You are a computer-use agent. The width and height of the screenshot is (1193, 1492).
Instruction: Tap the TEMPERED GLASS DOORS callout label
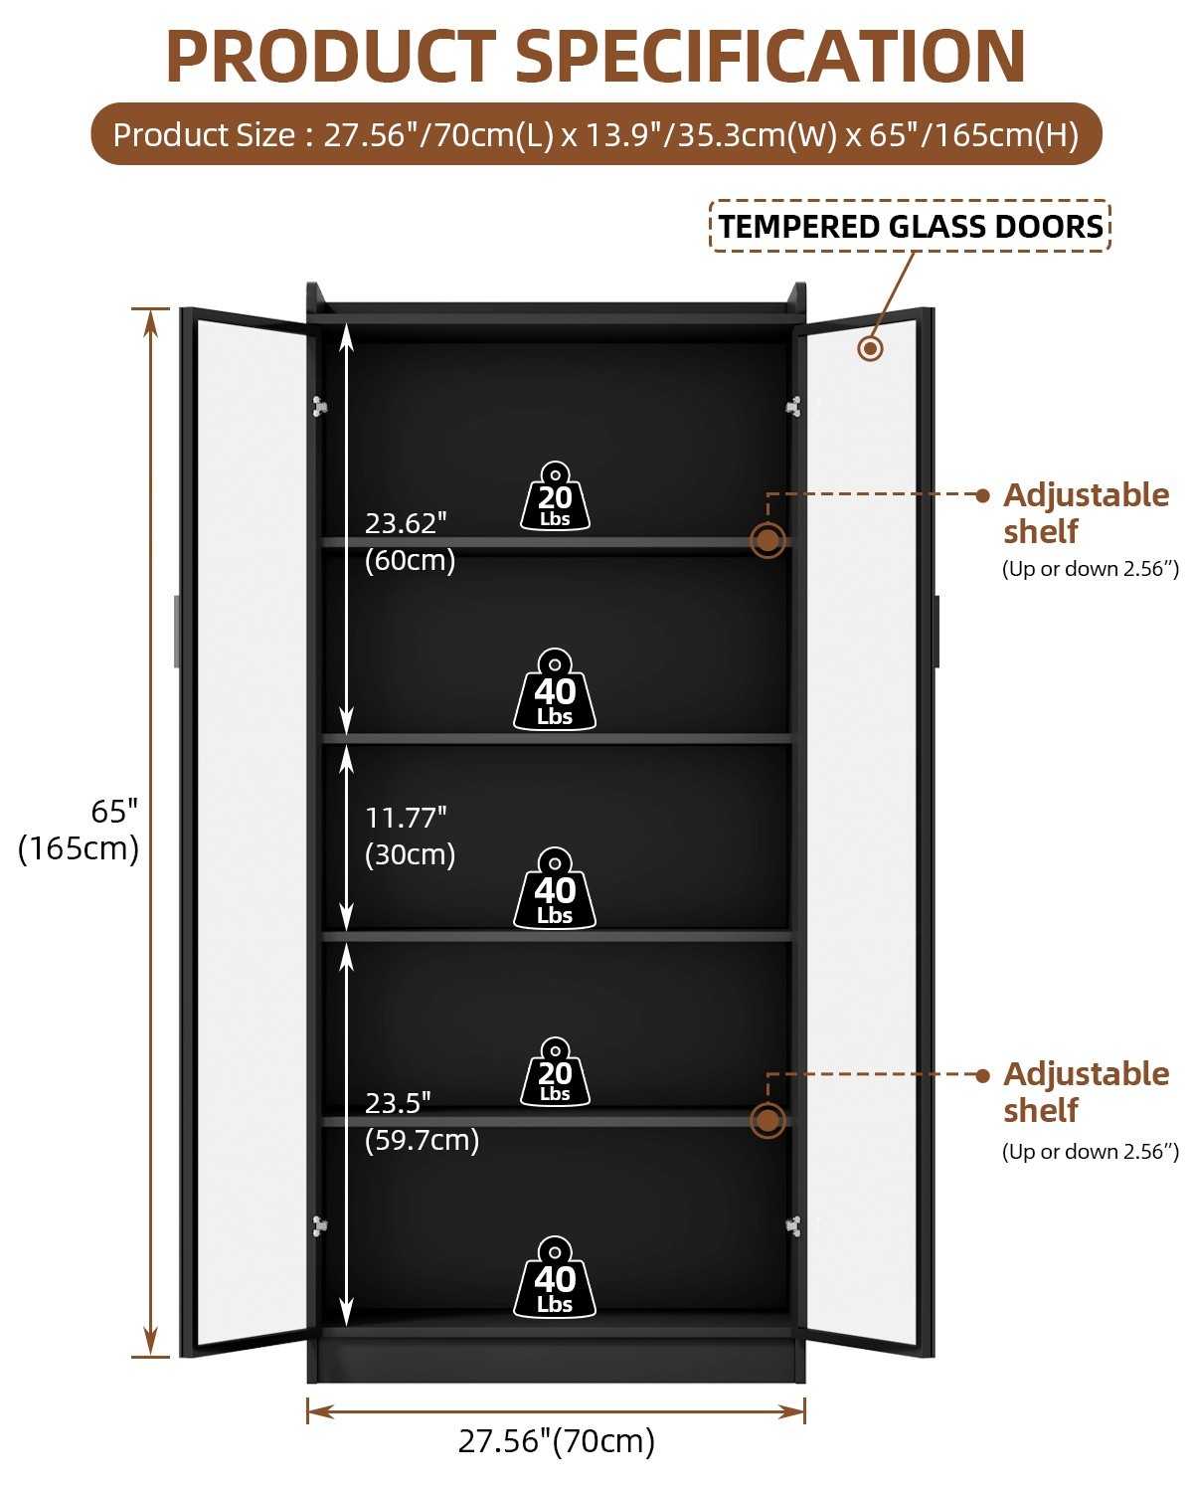click(911, 226)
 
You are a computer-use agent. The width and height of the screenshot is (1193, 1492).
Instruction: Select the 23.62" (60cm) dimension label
click(410, 541)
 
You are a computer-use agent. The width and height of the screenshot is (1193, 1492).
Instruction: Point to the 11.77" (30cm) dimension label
click(410, 837)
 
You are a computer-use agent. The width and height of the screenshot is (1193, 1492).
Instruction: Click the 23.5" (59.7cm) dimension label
click(422, 1121)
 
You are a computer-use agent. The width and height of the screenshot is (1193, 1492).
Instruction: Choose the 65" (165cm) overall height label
click(79, 830)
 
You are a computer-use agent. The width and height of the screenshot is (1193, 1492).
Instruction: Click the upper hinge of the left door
click(319, 406)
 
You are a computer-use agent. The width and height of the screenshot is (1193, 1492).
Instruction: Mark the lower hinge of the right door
click(793, 1225)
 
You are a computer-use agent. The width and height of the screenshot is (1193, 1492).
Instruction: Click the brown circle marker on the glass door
click(870, 348)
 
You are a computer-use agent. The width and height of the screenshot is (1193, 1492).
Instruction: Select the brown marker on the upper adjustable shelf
click(767, 540)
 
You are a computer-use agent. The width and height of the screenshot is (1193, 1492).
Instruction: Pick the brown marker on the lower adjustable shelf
click(767, 1120)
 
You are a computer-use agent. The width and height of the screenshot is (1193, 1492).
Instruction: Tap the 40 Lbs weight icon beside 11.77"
click(555, 888)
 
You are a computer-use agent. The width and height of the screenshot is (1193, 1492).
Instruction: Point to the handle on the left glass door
click(177, 631)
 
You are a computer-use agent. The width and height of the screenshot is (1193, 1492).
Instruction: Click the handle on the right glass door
click(937, 631)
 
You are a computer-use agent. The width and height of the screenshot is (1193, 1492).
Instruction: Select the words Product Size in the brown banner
click(205, 134)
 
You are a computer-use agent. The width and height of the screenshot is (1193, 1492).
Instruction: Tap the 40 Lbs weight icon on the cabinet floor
click(555, 1277)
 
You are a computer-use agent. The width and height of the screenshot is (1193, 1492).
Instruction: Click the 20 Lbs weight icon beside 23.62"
click(555, 496)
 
